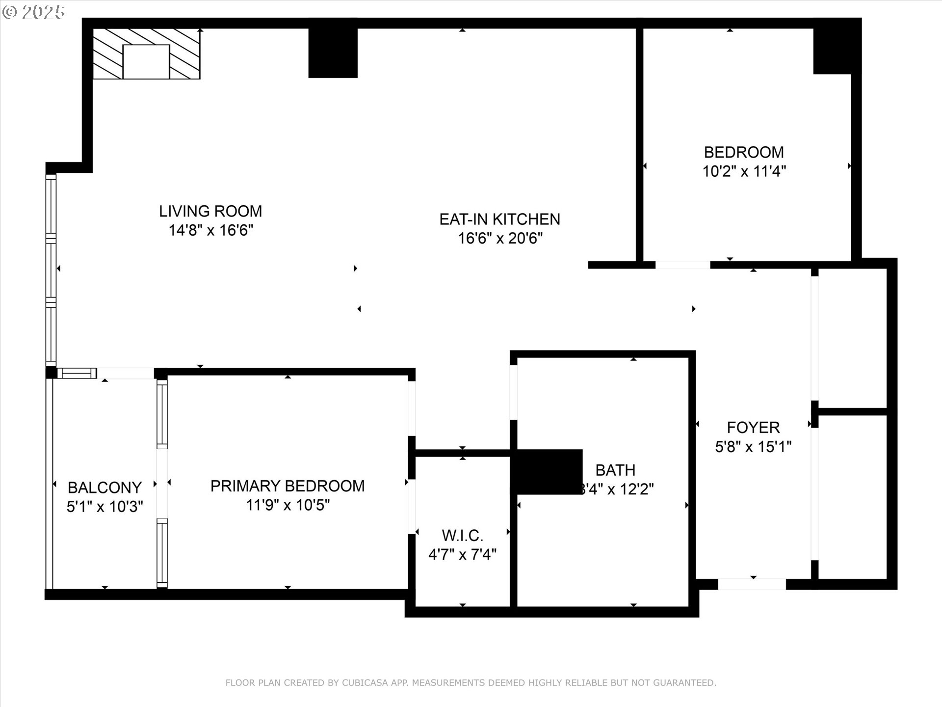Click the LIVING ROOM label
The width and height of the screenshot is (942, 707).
(x=210, y=211)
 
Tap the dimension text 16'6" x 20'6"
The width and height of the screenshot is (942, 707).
(x=500, y=239)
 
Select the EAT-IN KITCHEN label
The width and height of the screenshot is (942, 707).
(x=499, y=219)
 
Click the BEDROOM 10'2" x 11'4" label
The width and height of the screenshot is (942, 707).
(x=744, y=152)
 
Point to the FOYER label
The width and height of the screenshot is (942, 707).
(x=753, y=428)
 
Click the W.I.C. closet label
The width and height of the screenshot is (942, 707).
(x=462, y=535)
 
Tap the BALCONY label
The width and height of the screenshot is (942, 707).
(x=105, y=488)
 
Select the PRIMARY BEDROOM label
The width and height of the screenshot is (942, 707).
(x=288, y=486)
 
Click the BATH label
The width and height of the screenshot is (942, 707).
(x=615, y=470)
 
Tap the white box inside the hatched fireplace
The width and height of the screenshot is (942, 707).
(x=146, y=61)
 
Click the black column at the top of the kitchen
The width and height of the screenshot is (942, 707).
(x=333, y=53)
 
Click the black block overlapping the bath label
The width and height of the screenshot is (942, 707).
(x=547, y=472)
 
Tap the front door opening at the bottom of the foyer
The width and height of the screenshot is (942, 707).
(x=752, y=584)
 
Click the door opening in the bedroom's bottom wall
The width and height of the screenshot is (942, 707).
(x=682, y=265)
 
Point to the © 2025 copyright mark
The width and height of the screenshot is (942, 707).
(x=33, y=12)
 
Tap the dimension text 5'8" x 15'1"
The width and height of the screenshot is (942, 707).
(x=753, y=447)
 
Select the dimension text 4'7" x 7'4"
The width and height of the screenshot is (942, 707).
(x=462, y=555)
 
